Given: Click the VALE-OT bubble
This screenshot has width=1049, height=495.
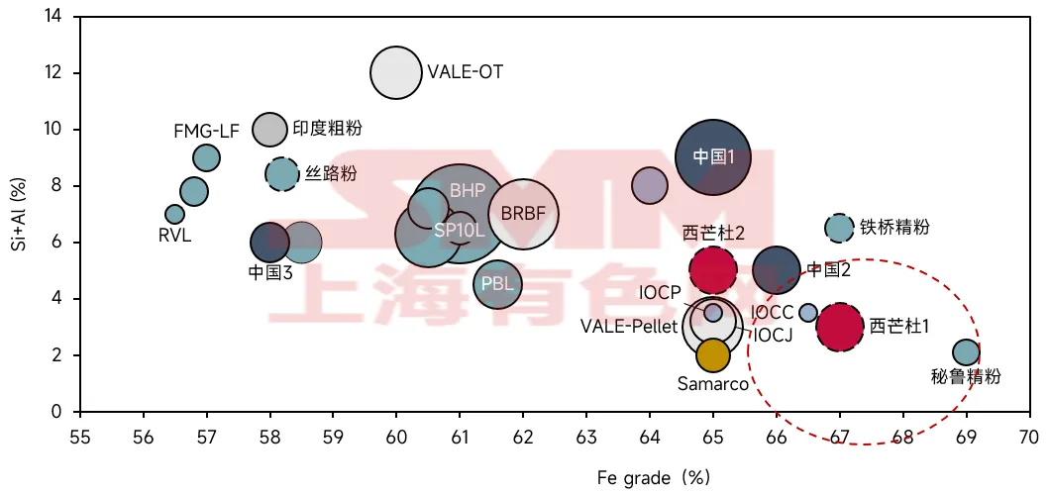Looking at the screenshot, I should coord(396,72).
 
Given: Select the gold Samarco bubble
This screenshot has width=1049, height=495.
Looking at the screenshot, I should coord(713,354).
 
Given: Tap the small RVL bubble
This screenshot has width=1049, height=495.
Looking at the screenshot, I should coord(174,214).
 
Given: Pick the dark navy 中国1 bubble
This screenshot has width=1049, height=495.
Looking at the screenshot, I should coord(713,156).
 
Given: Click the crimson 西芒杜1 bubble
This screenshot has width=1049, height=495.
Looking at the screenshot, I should coord(840,327).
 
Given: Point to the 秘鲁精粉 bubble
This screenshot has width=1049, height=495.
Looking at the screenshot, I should coord(966,352).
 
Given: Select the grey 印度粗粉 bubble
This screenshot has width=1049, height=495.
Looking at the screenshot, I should coord(269,129).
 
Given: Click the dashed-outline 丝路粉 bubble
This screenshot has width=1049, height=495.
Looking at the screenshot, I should coord(282,174).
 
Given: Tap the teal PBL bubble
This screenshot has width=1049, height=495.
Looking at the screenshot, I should coord(497,284).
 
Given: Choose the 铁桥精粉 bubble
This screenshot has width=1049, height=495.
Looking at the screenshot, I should coord(839,228).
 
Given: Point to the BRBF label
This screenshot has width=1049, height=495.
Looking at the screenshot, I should coord(523,213).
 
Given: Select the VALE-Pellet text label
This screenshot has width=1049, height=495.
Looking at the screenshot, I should coord(628,326).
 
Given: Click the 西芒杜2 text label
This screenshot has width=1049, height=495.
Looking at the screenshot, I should coord(713,232).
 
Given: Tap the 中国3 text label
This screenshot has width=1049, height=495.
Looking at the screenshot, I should coord(269,272).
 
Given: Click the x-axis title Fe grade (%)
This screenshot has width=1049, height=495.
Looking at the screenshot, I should coord(654,477).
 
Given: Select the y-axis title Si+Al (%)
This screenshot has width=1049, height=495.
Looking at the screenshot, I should coord(18,213).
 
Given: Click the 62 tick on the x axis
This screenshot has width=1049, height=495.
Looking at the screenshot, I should coord(523,437).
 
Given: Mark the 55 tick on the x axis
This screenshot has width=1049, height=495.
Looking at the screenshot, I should coord(80,437).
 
